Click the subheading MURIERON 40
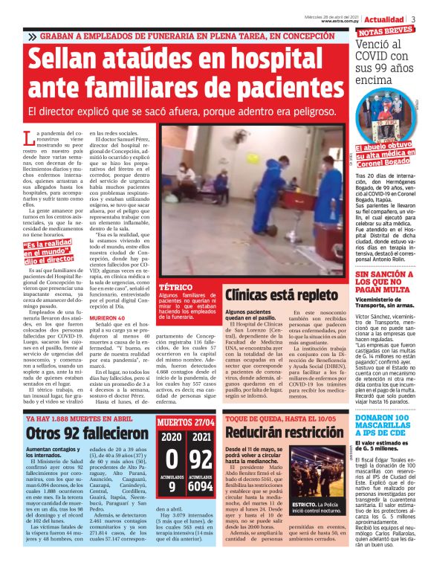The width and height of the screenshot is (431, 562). coord(106,317)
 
